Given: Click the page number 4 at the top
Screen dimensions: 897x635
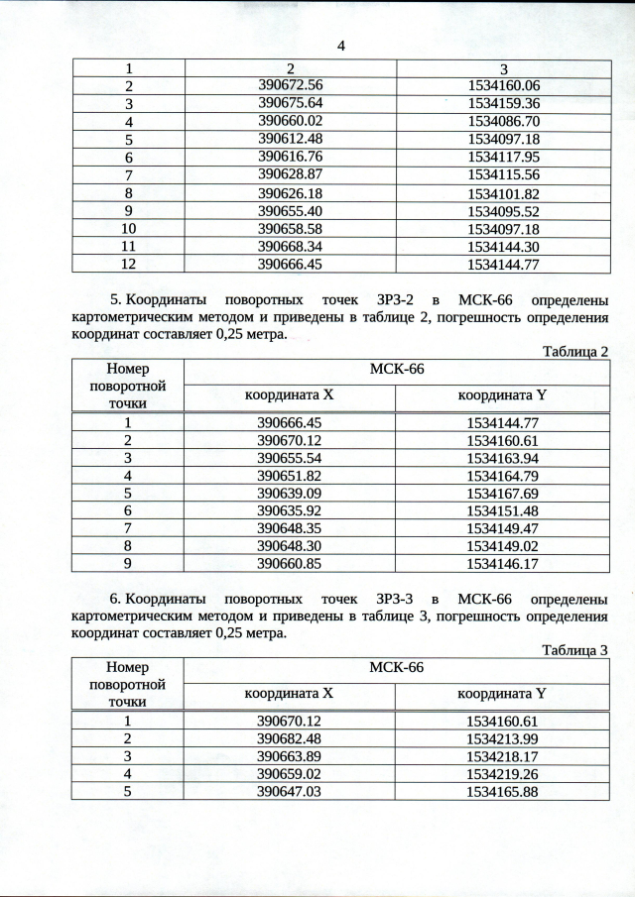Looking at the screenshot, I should (x=341, y=46).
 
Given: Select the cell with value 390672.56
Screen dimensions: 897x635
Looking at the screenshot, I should (x=291, y=85).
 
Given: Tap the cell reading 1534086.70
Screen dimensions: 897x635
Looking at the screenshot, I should (x=503, y=121).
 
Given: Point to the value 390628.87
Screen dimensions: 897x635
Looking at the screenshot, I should (x=291, y=174).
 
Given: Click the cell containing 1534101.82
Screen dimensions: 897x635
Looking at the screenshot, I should (x=503, y=193).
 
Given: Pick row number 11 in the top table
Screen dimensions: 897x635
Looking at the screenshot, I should (x=128, y=247).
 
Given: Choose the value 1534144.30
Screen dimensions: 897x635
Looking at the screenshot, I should (x=503, y=247).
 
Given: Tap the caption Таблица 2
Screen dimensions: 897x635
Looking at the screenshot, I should (x=574, y=352).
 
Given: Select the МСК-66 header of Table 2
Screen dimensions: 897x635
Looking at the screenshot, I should (x=396, y=370).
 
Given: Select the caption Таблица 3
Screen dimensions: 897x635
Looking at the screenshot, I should (x=574, y=651).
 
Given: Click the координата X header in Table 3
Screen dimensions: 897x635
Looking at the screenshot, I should (x=290, y=694).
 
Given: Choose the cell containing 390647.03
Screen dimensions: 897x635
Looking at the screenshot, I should (x=290, y=792).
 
